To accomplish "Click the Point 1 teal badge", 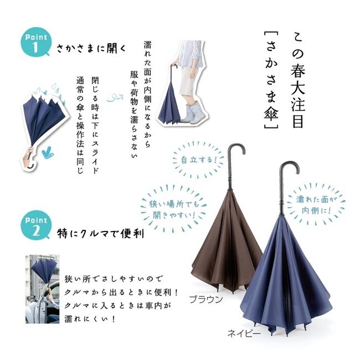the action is point(36,42).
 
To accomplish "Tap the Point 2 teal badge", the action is point(36,225).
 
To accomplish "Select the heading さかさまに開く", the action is point(91,49).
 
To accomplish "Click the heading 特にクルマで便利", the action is point(100,234).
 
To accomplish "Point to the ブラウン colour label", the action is point(205,299).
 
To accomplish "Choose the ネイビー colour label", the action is point(244,333).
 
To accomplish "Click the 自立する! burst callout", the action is point(198,160).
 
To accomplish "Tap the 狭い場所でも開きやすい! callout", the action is point(174,209).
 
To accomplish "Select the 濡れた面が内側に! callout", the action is point(316,204).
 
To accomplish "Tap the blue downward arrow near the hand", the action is point(48,152).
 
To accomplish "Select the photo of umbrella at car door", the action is point(42,289).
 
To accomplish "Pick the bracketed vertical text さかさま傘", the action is point(271,80).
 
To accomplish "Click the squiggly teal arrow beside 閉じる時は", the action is point(115,97).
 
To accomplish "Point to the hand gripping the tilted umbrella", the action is point(28,157).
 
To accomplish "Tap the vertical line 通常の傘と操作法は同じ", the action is point(80,125).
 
